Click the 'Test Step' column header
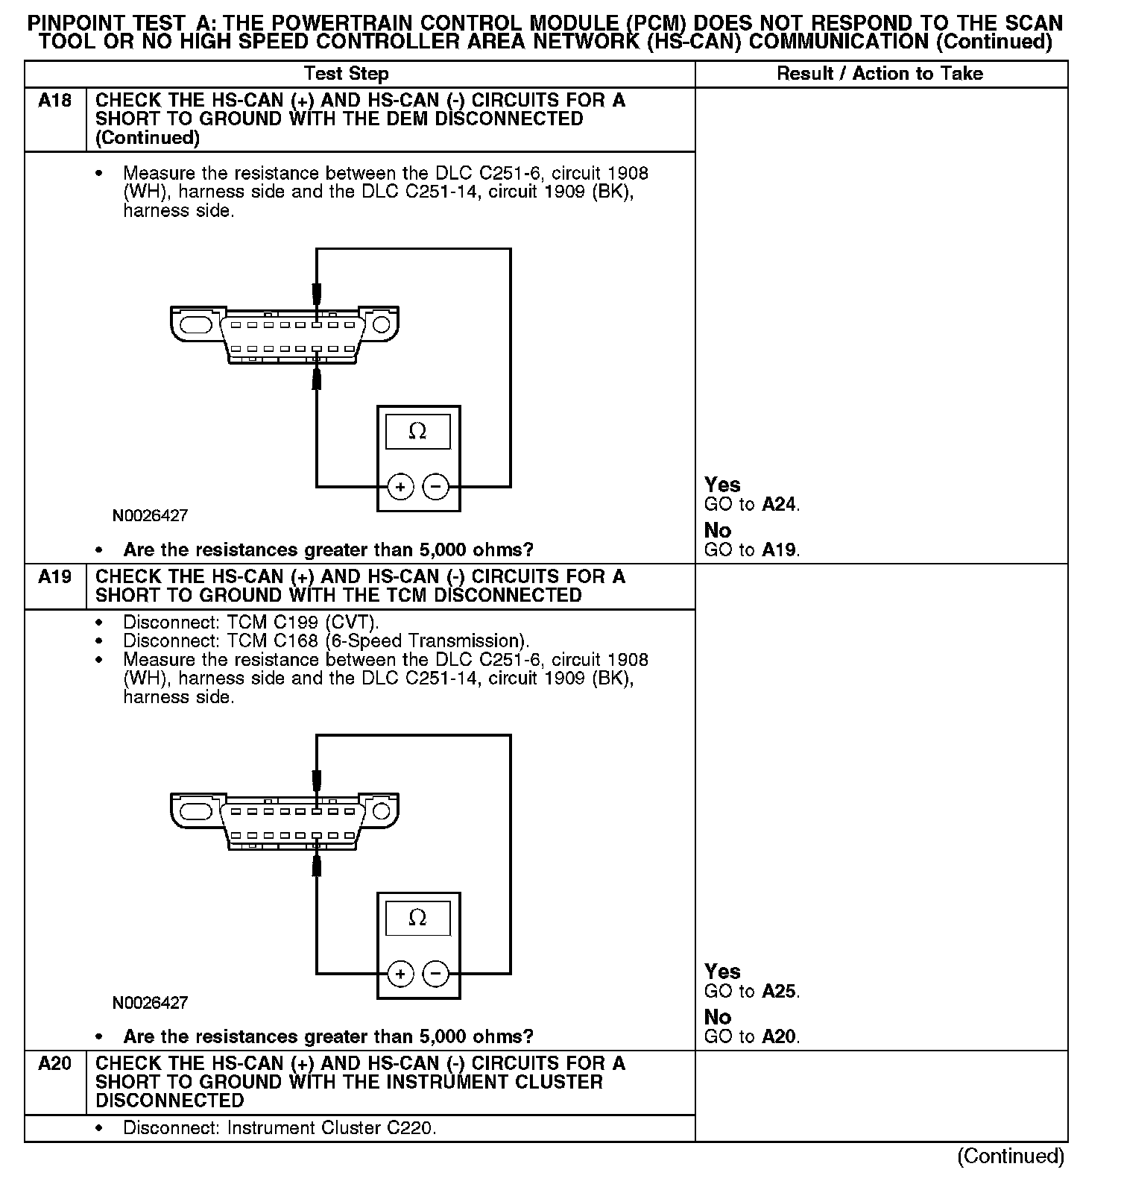(346, 74)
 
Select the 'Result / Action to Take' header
(880, 74)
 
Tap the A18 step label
(55, 101)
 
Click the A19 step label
(55, 577)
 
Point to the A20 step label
(55, 1064)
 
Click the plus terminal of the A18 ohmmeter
(400, 488)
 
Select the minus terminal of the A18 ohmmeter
(436, 488)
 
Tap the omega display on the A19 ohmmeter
(417, 918)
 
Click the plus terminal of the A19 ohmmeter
(400, 974)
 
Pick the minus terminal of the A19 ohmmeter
(436, 974)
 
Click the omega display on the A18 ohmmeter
(417, 432)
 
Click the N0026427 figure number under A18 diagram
(150, 516)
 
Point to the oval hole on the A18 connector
(197, 324)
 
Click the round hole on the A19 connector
(382, 810)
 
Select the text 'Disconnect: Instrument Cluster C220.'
(280, 1128)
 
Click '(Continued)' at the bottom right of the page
(1011, 1156)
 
